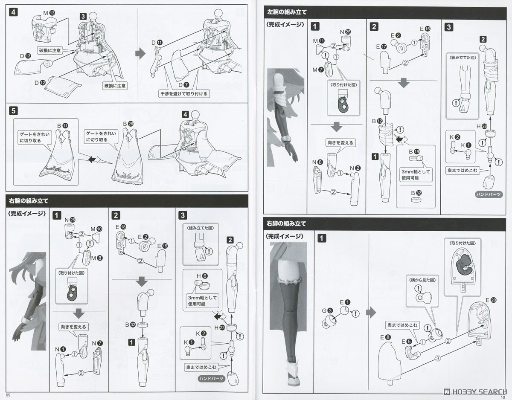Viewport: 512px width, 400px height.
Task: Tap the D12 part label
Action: (x=40, y=81)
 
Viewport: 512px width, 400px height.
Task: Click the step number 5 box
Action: (x=14, y=111)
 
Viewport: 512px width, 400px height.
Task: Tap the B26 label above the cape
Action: (x=128, y=124)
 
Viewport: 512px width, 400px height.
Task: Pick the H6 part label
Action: (x=201, y=276)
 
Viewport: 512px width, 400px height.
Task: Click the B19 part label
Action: (x=414, y=151)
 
